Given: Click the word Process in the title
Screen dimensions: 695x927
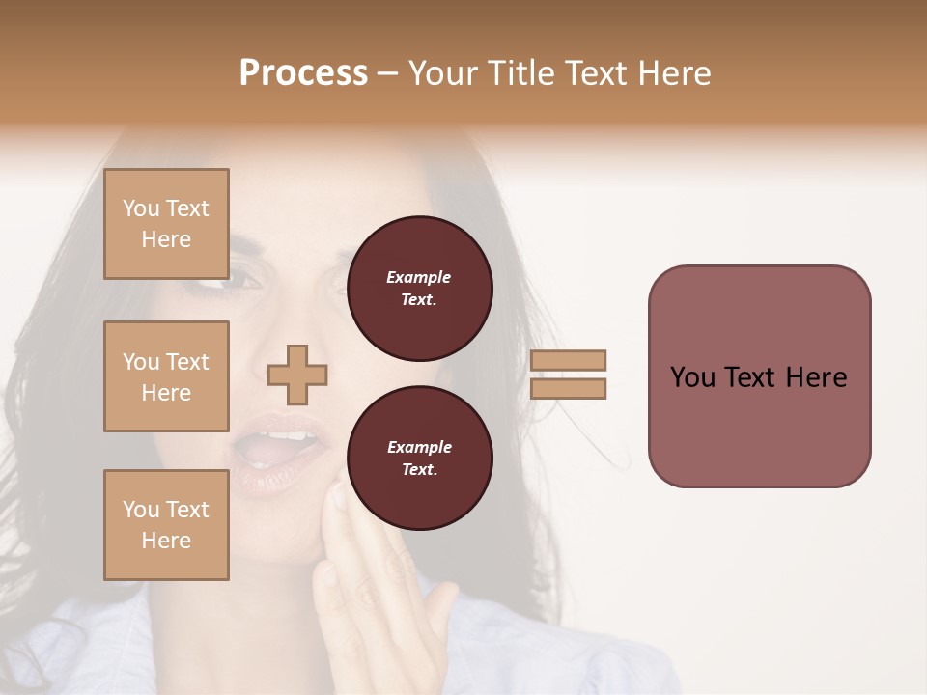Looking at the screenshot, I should coord(303,73).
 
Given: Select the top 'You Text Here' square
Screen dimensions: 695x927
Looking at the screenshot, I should coord(166,224).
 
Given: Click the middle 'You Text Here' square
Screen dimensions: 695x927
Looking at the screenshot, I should coord(166,376).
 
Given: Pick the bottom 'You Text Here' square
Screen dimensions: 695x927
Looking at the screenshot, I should coord(166,525).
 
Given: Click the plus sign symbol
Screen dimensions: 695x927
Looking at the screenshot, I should coord(297,374).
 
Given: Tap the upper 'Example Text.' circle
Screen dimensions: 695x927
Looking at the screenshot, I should coord(419,289).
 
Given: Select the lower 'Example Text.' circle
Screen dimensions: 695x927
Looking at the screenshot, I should coord(419,458).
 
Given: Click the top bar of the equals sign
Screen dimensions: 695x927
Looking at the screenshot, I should coord(568,360).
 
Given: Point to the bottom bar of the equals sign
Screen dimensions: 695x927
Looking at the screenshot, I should coord(568,388).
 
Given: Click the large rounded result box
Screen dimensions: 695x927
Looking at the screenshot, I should coord(759,376).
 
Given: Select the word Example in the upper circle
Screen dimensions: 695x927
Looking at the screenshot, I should coord(419,277).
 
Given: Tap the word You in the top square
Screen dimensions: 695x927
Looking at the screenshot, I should coord(139,208).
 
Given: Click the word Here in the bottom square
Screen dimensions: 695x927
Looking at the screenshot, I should coord(166,541).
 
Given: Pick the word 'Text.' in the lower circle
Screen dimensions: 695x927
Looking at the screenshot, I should coord(419,469).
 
